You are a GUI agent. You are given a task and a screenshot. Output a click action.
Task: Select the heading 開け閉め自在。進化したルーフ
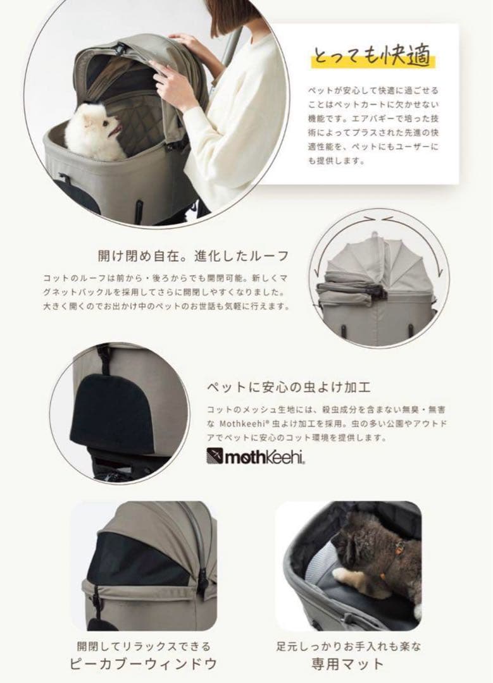(x=192, y=256)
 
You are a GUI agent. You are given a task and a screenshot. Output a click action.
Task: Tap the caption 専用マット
(x=348, y=663)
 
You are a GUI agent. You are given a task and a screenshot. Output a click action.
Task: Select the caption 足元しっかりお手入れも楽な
(x=348, y=646)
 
